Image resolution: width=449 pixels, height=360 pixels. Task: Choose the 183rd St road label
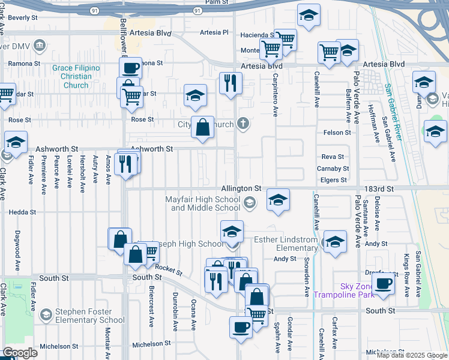click(x=381, y=188)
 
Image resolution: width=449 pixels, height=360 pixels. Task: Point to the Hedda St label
click(x=22, y=212)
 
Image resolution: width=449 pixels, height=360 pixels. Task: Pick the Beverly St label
click(x=23, y=18)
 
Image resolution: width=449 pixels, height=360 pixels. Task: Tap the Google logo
click(x=20, y=353)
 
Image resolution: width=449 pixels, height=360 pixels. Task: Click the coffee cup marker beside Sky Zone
click(x=383, y=283)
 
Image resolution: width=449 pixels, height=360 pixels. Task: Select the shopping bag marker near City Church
click(x=203, y=127)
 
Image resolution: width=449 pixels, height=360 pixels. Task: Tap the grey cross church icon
click(x=243, y=124)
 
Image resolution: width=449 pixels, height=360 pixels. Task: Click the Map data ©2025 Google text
click(x=411, y=355)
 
